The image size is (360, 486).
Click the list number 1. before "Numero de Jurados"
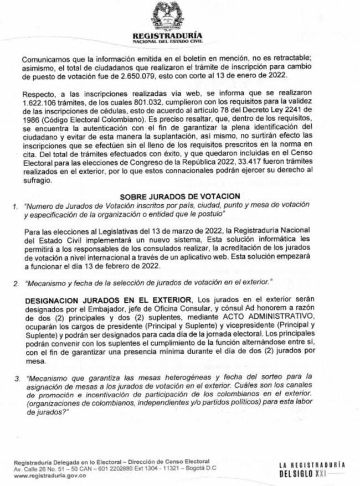point(16,205)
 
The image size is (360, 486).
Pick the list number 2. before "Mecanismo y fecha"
point(16,283)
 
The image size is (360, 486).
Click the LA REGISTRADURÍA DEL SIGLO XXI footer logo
point(311,469)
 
